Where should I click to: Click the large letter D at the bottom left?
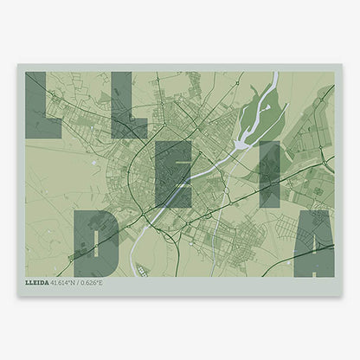(x=96, y=242)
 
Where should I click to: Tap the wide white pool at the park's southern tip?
(x=241, y=145)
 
